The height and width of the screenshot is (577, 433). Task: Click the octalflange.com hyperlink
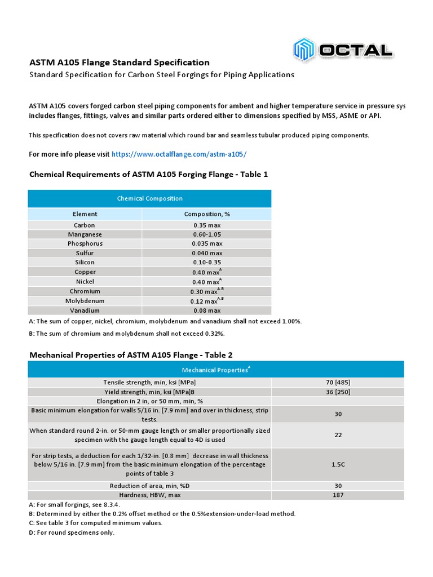pos(179,154)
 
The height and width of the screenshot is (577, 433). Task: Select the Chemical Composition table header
pos(149,198)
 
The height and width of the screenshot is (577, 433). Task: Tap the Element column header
pos(85,214)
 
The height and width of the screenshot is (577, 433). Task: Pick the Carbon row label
pos(85,225)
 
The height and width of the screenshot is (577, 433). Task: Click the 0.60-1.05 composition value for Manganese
pos(206,234)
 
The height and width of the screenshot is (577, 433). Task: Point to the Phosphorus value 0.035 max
pos(206,244)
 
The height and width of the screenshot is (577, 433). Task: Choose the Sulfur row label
pos(85,253)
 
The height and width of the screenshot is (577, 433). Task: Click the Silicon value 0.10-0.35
pos(206,263)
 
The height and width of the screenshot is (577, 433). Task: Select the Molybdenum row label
pos(85,301)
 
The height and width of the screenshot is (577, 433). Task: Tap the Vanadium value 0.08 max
pos(206,310)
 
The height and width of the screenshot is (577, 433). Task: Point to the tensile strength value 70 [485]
pos(338,383)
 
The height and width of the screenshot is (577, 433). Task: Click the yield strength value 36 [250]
pos(338,392)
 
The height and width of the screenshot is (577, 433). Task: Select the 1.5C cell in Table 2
pos(338,465)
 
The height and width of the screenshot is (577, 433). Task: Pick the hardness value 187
pos(338,495)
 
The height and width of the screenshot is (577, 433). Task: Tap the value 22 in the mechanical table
pos(338,435)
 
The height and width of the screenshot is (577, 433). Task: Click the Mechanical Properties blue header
pos(216,370)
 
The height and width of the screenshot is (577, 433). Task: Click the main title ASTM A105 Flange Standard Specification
pos(119,63)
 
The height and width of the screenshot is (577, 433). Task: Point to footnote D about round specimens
pos(72,532)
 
